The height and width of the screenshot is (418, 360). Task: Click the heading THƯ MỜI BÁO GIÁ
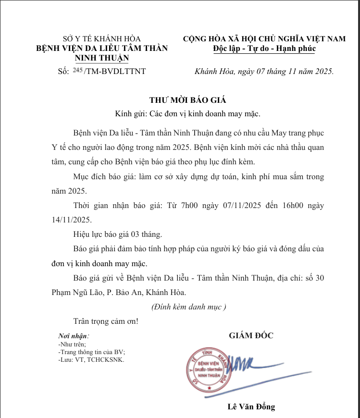coord(187,100)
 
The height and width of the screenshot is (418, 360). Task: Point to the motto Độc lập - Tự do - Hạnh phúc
coord(264,48)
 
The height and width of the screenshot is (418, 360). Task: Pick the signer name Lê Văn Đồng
coord(251,407)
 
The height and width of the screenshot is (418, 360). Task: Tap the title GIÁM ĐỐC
coord(251,335)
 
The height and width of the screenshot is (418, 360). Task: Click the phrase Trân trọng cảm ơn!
coord(106,320)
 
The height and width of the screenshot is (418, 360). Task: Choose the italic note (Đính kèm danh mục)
coord(188,306)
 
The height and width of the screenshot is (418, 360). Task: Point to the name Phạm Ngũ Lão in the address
coord(78,292)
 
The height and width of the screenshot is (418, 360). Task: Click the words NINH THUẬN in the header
coord(102,58)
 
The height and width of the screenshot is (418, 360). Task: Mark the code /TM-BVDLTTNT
coord(114,71)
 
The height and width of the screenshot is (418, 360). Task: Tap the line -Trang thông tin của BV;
coord(91,352)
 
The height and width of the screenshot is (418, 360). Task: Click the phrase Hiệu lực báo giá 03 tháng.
coord(118,234)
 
